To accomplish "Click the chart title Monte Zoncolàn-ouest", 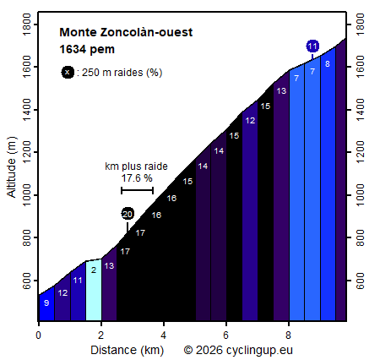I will tap(126, 33).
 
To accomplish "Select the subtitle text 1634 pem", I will tap(87, 49).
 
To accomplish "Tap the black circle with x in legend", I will tap(67, 72).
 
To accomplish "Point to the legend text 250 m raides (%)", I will tap(119, 73).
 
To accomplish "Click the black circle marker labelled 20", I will tap(128, 214).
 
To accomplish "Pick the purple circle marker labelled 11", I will tap(312, 46).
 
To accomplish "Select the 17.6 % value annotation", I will tap(137, 178).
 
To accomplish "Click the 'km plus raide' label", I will tap(137, 166).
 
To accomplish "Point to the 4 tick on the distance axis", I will tap(164, 335).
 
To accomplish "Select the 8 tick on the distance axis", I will tap(289, 335).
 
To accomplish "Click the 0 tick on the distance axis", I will tap(39, 335).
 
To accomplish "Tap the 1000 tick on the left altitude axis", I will tap(27, 195).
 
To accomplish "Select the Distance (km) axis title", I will tap(128, 349).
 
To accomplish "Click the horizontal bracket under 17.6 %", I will tap(137, 190).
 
